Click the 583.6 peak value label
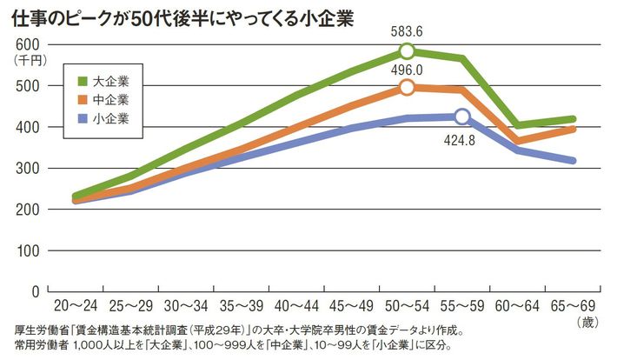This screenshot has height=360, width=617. point(407,32)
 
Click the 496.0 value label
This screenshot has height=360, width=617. point(407,70)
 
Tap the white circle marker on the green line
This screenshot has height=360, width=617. point(407,50)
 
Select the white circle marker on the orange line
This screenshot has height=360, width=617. point(407,87)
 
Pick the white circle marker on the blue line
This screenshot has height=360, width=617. point(461,117)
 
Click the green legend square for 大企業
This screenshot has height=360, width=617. point(83,81)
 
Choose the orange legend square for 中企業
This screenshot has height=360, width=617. point(83,100)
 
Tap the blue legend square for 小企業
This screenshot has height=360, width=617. point(83,118)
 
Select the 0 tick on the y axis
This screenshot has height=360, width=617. point(36,291)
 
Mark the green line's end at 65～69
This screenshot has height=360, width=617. point(574,119)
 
